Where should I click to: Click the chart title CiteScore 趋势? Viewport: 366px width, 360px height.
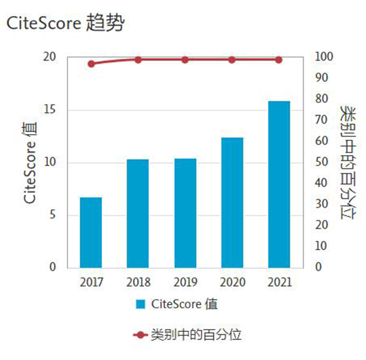65,22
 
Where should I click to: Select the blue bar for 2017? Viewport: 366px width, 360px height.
91,232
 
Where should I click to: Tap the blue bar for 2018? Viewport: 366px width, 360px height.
138,213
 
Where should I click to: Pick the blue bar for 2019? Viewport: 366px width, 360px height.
185,213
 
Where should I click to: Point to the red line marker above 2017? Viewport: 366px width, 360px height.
91,64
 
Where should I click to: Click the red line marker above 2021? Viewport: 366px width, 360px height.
279,60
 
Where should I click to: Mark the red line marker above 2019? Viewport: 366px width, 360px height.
185,60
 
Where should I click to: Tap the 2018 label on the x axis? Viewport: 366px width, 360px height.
138,282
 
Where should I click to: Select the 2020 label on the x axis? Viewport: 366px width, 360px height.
232,282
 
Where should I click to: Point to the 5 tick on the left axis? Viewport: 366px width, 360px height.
53,215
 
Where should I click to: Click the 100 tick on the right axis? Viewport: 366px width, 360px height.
324,57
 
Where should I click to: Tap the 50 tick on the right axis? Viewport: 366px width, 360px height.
321,163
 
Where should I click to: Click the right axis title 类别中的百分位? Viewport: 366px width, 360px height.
347,162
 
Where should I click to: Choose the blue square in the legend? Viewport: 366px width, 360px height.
141,304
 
